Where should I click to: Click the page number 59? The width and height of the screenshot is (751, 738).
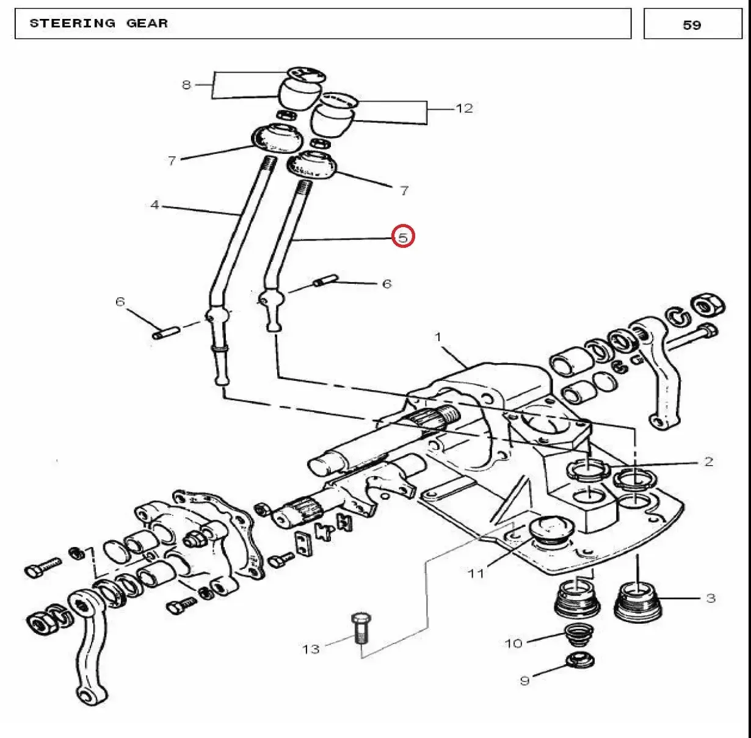pos(692,25)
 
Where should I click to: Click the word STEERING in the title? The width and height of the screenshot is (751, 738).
pos(73,23)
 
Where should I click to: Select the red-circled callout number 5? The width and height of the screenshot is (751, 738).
pos(403,236)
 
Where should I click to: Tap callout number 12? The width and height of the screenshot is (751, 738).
pos(464,108)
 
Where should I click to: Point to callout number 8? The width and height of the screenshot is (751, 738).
pos(187,85)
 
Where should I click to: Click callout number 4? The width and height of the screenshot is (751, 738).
pos(155,204)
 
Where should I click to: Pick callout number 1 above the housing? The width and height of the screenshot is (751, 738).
pos(438,337)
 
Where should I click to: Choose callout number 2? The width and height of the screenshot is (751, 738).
pos(709,461)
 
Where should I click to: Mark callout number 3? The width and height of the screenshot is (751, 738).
pos(711,598)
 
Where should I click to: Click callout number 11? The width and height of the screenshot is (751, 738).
pos(476,573)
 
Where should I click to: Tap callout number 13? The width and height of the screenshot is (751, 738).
pos(311,649)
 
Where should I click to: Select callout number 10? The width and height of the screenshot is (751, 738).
pos(513,643)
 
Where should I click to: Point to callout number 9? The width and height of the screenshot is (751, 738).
pos(525,681)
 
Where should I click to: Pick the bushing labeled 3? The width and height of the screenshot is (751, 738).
pos(637,601)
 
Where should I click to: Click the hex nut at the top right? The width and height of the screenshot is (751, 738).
pos(708,307)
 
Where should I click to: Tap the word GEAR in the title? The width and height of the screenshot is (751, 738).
pos(147,23)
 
